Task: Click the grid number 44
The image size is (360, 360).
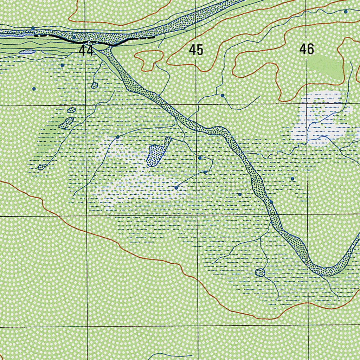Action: pyautogui.click(x=86, y=51)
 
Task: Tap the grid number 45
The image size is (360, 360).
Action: pyautogui.click(x=196, y=50)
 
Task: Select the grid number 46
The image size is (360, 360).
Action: pyautogui.click(x=307, y=50)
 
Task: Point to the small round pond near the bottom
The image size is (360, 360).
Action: pyautogui.click(x=260, y=272)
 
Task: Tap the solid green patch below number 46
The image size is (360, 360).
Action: pyautogui.click(x=325, y=67)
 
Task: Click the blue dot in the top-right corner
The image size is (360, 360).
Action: pyautogui.click(x=346, y=11)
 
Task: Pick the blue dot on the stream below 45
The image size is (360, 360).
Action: pyautogui.click(x=223, y=95)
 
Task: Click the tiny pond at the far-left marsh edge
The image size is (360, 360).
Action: pyautogui.click(x=41, y=167)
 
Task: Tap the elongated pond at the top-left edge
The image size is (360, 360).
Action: pyautogui.click(x=27, y=52)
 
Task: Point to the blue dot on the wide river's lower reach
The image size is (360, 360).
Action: pyautogui.click(x=271, y=202)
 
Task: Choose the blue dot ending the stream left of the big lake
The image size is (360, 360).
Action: pyautogui.click(x=118, y=137)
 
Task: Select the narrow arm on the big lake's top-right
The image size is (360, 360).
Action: pyautogui.click(x=168, y=141)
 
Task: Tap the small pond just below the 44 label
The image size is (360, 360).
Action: pyautogui.click(x=94, y=85)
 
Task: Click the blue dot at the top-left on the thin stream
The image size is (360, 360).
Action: pyautogui.click(x=33, y=28)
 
